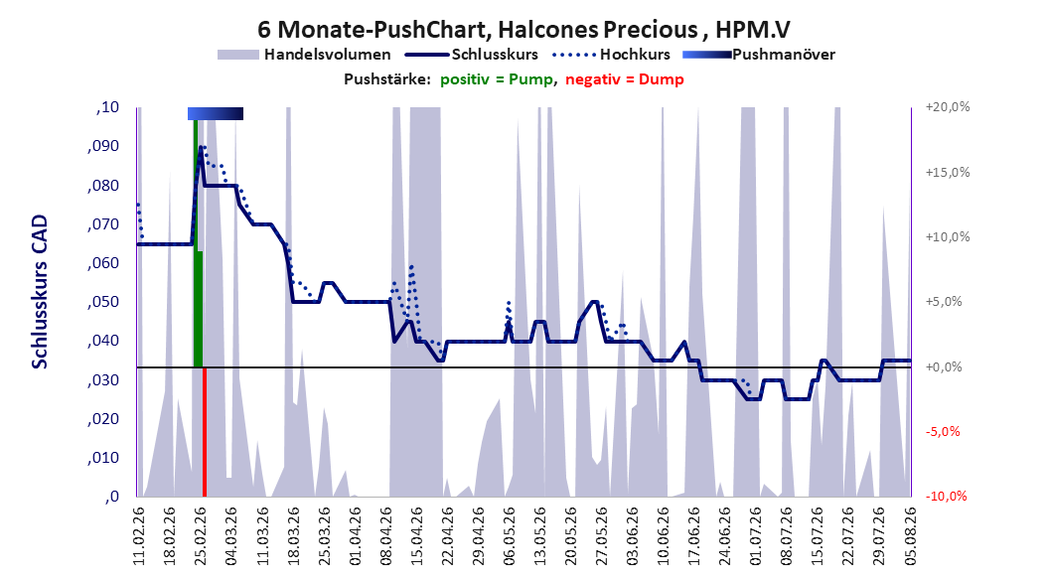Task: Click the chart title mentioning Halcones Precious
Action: point(523,30)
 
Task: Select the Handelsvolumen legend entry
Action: point(305,55)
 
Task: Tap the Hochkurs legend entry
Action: point(612,54)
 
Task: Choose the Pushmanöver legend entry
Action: point(759,55)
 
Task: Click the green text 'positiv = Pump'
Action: point(497,79)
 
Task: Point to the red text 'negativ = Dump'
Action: point(625,79)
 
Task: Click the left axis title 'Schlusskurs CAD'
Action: point(40,291)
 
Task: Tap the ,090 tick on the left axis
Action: point(103,146)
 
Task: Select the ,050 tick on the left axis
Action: point(103,302)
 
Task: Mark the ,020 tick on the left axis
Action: point(103,418)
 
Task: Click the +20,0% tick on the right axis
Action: point(948,107)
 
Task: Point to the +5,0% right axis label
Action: point(944,302)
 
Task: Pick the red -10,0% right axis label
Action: point(946,496)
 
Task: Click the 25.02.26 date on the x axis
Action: point(201,536)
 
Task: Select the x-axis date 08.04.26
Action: point(386,536)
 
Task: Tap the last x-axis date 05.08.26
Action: point(910,536)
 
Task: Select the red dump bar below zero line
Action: point(205,432)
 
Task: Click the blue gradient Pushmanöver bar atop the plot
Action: point(215,113)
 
